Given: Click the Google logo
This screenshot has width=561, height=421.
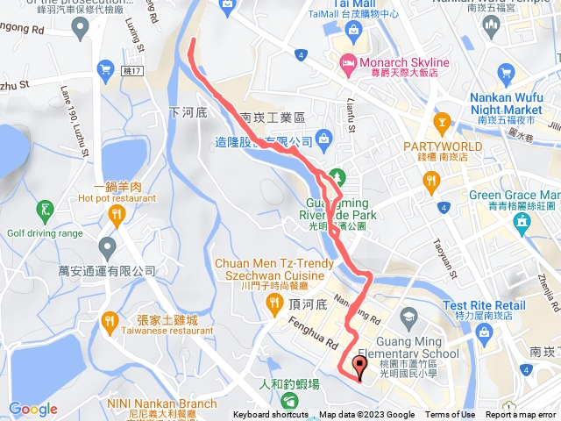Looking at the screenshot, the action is [33, 409].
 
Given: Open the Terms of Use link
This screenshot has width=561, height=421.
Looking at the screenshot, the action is [451, 415].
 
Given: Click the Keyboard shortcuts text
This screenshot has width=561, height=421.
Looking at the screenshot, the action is [270, 415].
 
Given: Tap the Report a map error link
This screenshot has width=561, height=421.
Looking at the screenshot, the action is [522, 415].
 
